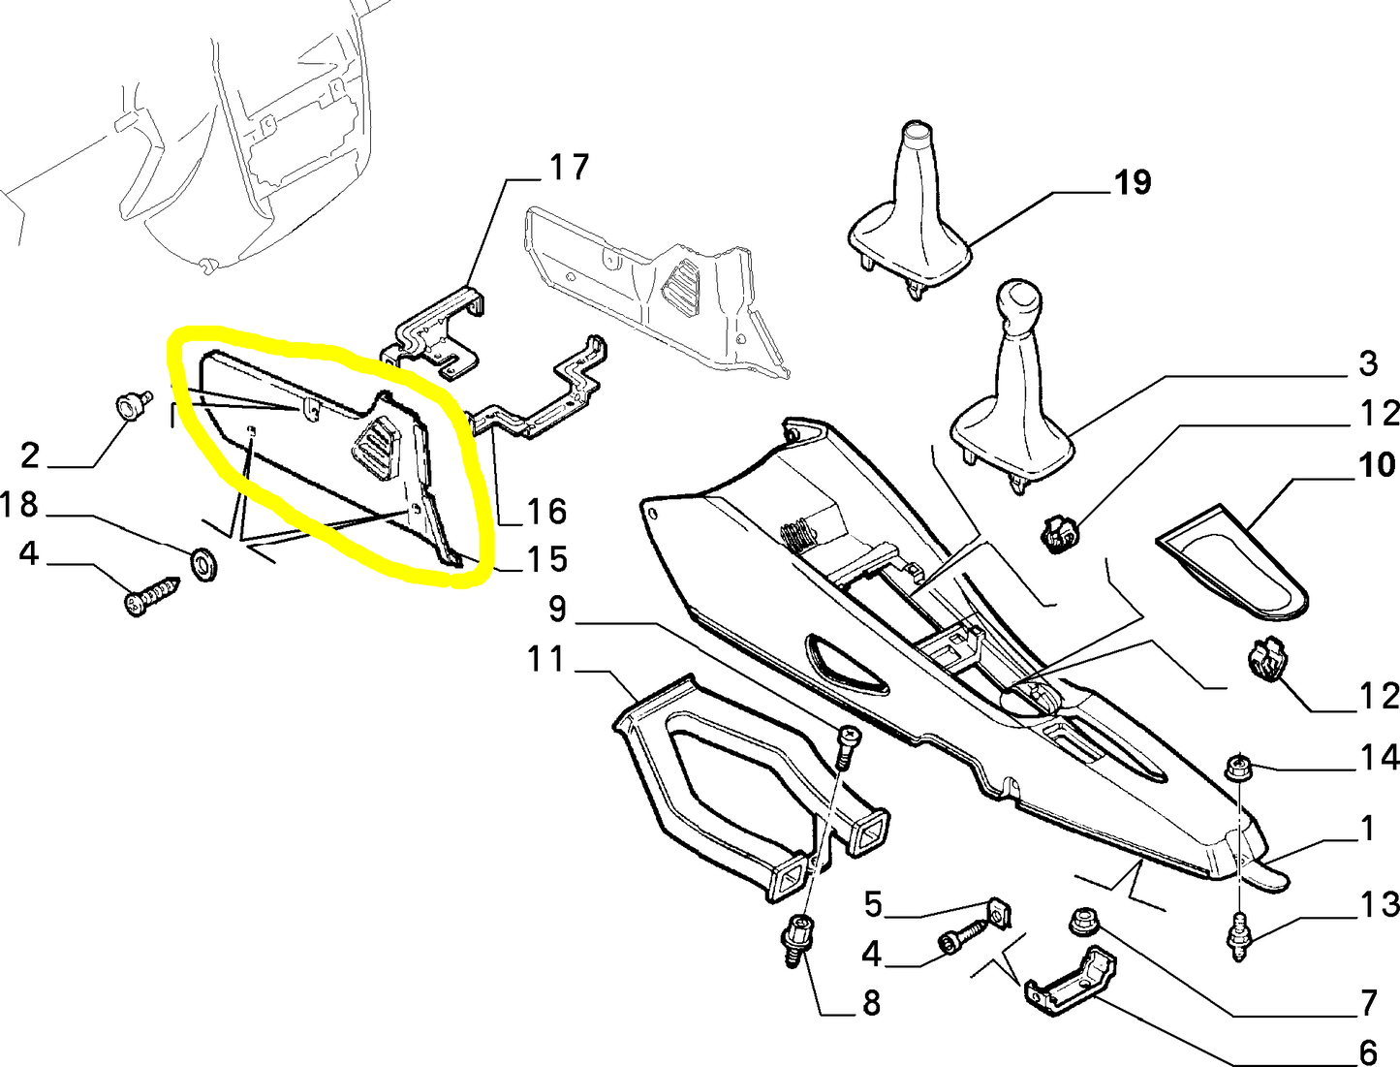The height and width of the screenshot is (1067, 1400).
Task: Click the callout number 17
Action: (x=569, y=167)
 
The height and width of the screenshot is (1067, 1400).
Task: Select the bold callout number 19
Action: (x=1132, y=182)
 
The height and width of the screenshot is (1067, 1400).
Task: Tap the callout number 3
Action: (x=1367, y=364)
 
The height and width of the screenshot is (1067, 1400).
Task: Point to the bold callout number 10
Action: (x=1376, y=465)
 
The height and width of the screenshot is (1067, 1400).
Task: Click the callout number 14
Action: (x=1379, y=758)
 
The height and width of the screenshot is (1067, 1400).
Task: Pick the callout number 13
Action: (x=1379, y=905)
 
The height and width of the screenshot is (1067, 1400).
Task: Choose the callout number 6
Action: (x=1368, y=1051)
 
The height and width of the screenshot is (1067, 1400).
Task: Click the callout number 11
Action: (x=544, y=660)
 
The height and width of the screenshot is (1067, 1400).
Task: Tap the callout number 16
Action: (x=544, y=511)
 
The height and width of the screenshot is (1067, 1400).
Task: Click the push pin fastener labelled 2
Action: (x=130, y=404)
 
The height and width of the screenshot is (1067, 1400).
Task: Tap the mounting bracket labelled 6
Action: (x=1071, y=980)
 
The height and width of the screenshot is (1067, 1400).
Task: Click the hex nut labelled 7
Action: (x=1080, y=923)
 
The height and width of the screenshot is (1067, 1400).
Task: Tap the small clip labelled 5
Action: (x=998, y=913)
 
